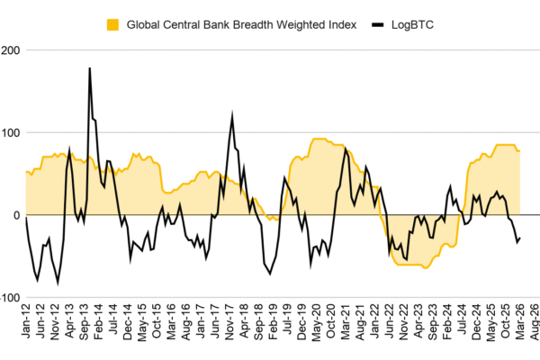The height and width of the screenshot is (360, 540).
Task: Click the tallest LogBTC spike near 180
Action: coord(90,67)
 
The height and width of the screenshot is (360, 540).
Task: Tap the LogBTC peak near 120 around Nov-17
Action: coord(232,114)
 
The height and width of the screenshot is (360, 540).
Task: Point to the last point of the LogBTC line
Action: coord(520,238)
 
